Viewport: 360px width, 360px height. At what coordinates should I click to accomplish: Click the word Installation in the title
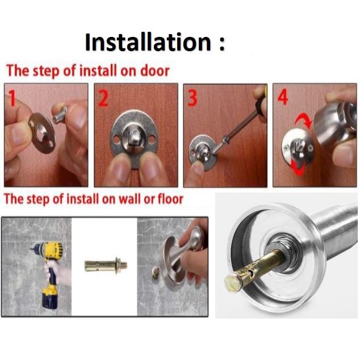pyautogui.click(x=148, y=42)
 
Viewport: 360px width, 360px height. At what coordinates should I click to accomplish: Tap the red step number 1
pyautogui.click(x=12, y=98)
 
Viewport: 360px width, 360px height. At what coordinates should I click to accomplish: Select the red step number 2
pyautogui.click(x=103, y=98)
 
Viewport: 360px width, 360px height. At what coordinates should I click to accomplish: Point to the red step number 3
pyautogui.click(x=192, y=98)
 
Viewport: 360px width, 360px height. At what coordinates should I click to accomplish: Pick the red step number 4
pyautogui.click(x=283, y=97)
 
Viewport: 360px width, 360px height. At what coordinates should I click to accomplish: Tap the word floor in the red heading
pyautogui.click(x=170, y=199)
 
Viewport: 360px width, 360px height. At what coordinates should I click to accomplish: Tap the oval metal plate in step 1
pyautogui.click(x=42, y=133)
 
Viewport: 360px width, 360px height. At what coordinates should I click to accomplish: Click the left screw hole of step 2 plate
pyautogui.click(x=116, y=139)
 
